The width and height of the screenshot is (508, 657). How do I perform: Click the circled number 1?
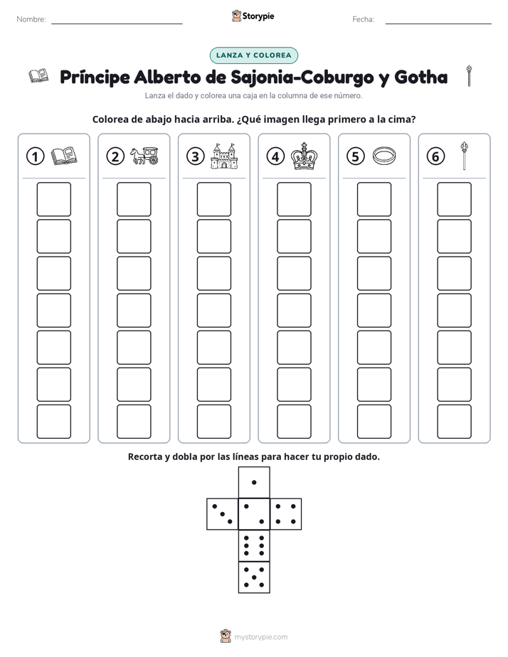click(x=35, y=156)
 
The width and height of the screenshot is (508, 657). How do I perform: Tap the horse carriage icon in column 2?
click(x=144, y=156)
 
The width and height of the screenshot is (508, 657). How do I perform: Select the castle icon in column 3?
click(x=224, y=156)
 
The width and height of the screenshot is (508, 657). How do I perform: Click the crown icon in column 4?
click(x=305, y=156)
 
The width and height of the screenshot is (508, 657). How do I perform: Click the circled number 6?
click(x=435, y=156)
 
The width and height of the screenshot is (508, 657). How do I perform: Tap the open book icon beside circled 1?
click(x=64, y=156)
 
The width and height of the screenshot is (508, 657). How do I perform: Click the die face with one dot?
click(x=254, y=482)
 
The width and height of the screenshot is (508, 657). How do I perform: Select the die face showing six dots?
click(x=254, y=545)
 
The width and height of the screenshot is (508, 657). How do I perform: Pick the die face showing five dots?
click(x=254, y=577)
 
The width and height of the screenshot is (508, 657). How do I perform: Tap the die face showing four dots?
click(x=286, y=514)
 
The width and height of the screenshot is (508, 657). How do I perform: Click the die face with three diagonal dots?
click(x=223, y=514)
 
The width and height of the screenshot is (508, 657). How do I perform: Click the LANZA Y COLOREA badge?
click(x=253, y=55)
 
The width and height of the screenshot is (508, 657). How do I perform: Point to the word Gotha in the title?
click(x=420, y=77)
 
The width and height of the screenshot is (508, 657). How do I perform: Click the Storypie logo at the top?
click(x=253, y=16)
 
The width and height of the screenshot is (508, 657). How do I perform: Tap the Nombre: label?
click(x=31, y=19)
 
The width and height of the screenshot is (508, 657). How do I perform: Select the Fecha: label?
click(x=363, y=19)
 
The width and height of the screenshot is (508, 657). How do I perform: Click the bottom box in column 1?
click(x=53, y=422)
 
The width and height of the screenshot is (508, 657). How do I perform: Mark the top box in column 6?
click(x=454, y=199)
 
